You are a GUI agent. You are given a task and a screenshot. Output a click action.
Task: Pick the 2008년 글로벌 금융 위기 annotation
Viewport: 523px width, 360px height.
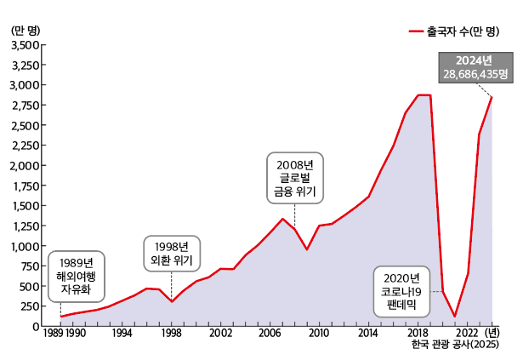[x=294, y=178]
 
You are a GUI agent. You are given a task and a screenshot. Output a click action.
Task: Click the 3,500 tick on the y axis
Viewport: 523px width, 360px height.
[x=24, y=44]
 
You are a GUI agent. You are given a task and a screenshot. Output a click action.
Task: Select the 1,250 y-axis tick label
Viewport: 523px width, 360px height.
[x=24, y=206]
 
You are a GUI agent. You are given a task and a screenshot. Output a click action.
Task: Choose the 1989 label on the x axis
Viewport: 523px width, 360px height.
[x=53, y=334]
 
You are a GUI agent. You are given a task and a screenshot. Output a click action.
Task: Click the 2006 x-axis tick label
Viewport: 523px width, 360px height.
[x=270, y=334]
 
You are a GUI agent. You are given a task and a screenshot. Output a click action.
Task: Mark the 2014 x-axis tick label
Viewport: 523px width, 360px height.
[x=368, y=334]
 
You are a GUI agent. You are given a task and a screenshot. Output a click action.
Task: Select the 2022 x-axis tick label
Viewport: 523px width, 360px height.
[x=467, y=334]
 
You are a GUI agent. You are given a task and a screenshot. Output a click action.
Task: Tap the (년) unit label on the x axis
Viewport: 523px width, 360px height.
[x=495, y=334]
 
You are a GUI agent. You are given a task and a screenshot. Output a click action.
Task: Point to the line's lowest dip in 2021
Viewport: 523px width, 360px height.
[x=455, y=317]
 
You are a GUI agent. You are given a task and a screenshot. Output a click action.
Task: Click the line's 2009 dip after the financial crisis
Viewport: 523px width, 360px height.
[x=307, y=249]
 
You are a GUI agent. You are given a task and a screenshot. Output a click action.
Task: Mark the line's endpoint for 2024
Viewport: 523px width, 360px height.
[x=492, y=98]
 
